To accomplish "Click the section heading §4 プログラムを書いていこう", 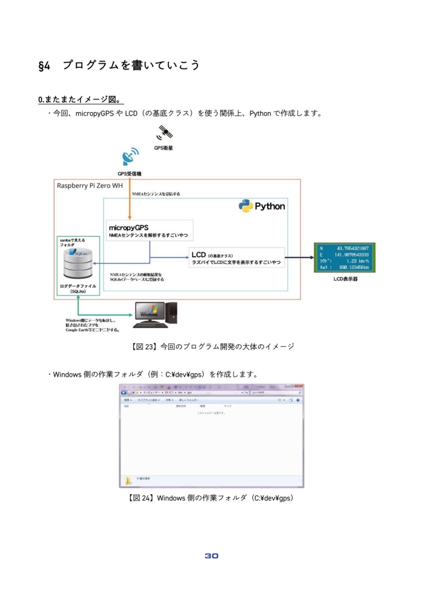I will point(119,65).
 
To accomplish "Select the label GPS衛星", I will point(164,148).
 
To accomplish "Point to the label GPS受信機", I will point(130,173).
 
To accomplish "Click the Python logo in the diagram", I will point(262,206).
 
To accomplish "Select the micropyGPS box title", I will point(129,227).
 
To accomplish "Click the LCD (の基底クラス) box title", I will point(212,255).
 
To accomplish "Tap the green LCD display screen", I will point(345,258).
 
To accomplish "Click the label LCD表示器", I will point(345,279).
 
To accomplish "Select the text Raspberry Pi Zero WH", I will point(89,186).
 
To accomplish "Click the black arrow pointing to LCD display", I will point(299,257).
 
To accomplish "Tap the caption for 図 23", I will point(211,346).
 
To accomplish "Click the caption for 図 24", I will point(211,498).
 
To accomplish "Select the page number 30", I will point(211,555).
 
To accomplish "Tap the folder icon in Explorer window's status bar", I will point(127,480).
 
